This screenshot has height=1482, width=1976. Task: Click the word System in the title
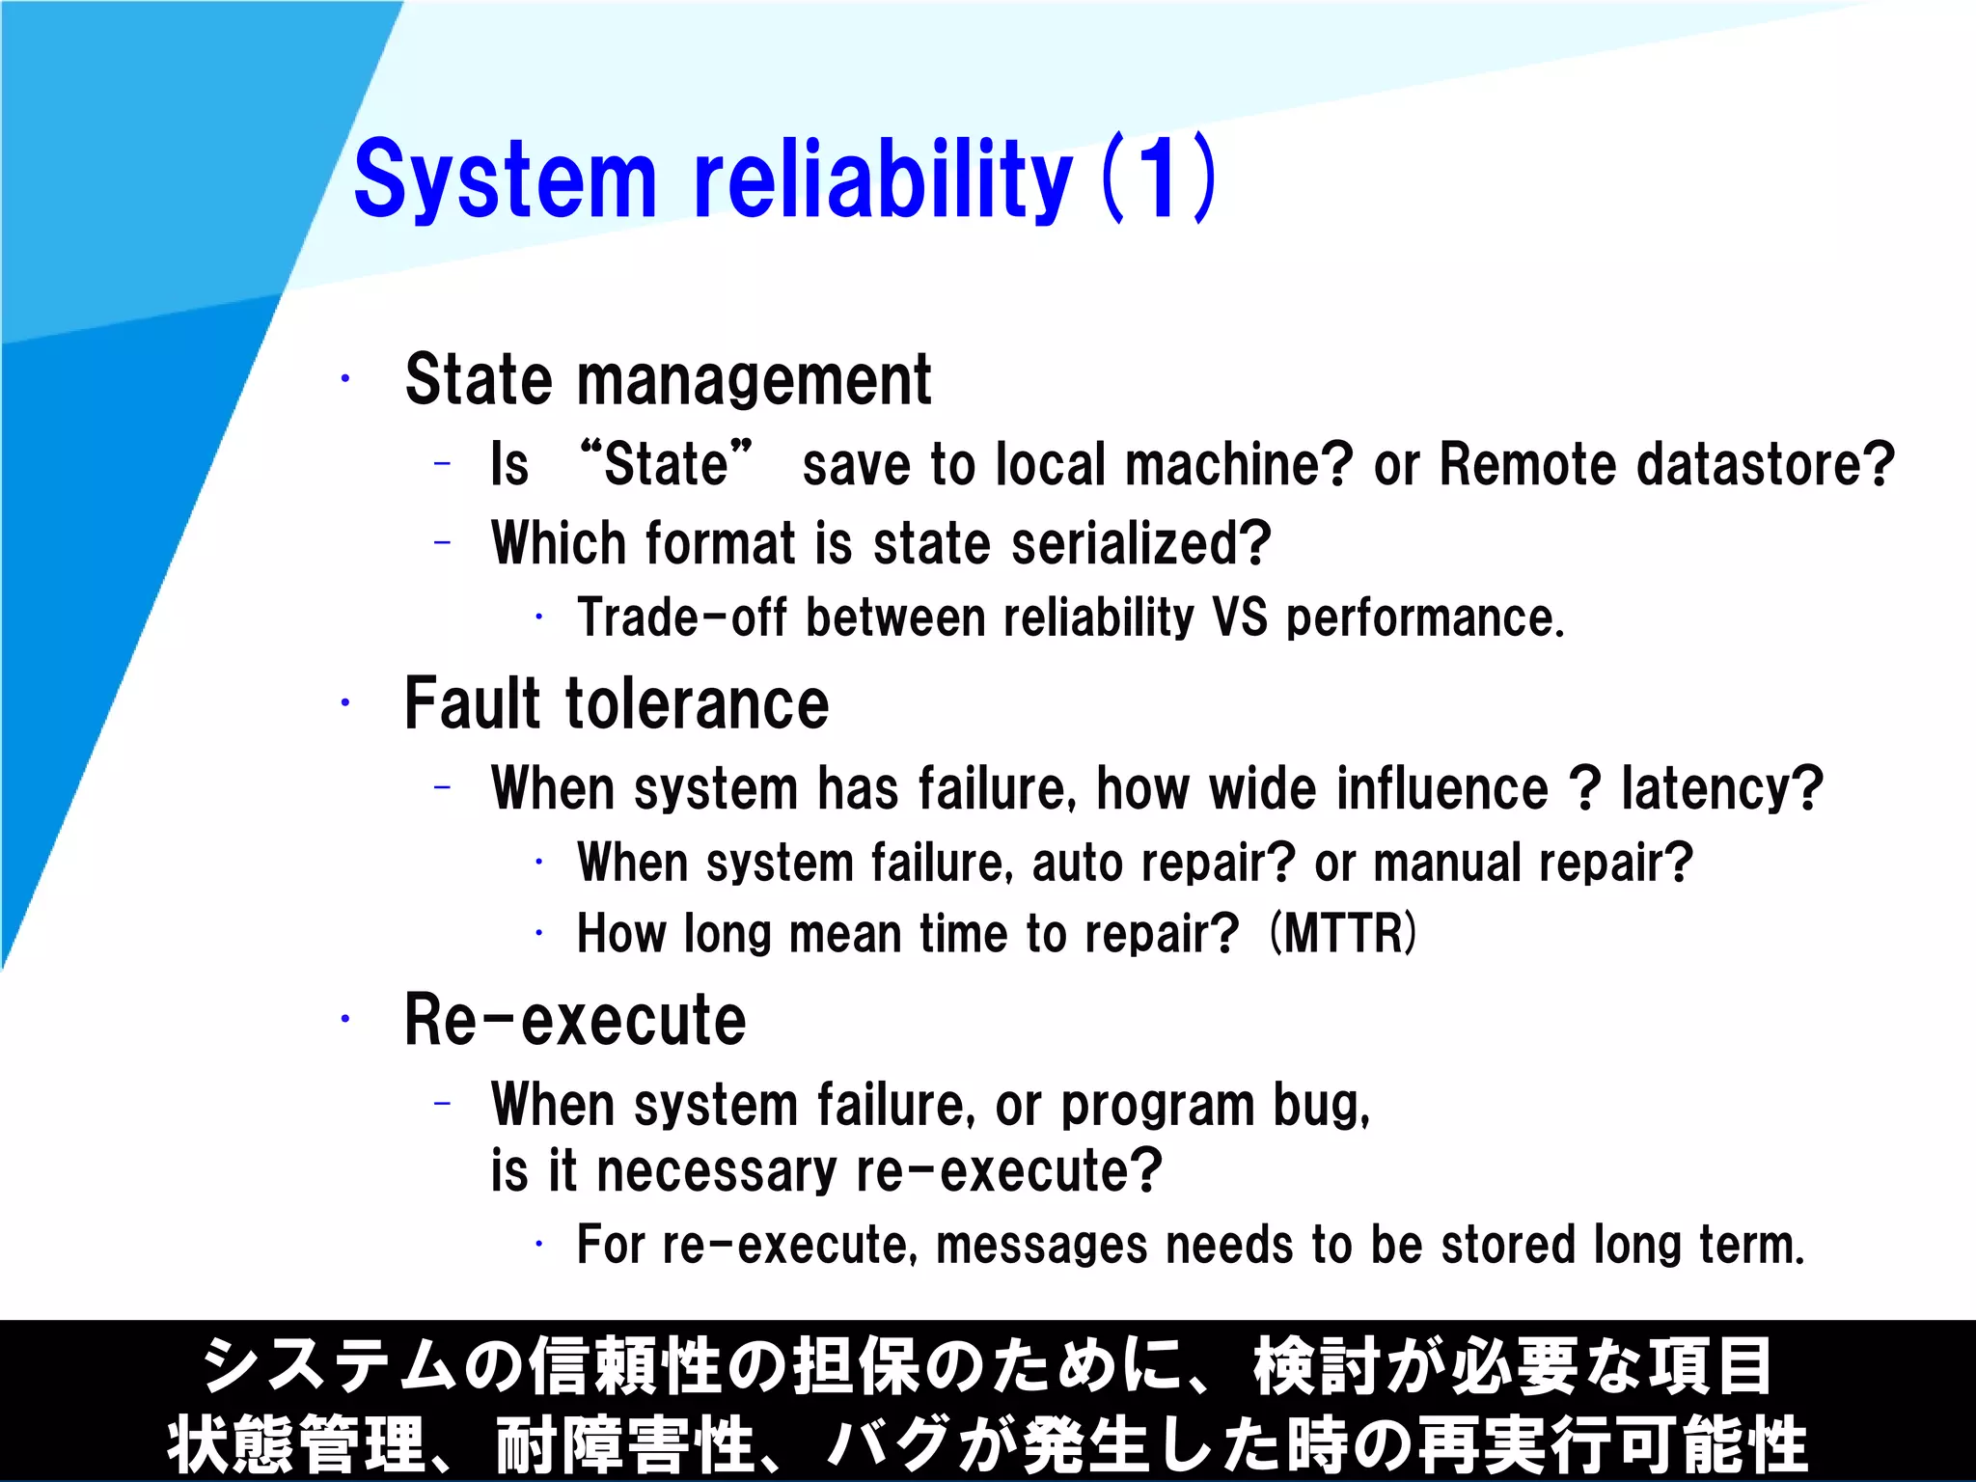pyautogui.click(x=505, y=179)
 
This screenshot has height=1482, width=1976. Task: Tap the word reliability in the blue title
pyautogui.click(x=882, y=179)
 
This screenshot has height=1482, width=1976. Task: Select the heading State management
pyautogui.click(x=668, y=380)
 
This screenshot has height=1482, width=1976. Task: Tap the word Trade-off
pyautogui.click(x=682, y=617)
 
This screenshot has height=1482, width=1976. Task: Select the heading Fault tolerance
pyautogui.click(x=617, y=703)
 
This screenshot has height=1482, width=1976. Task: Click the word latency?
pyautogui.click(x=1722, y=788)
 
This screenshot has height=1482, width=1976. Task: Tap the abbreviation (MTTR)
pyautogui.click(x=1343, y=933)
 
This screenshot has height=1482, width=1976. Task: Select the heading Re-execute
pyautogui.click(x=575, y=1020)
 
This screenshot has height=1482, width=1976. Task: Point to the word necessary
pyautogui.click(x=717, y=1171)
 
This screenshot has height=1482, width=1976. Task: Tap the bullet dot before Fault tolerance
pyautogui.click(x=344, y=703)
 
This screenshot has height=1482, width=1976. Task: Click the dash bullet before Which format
pyautogui.click(x=443, y=543)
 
